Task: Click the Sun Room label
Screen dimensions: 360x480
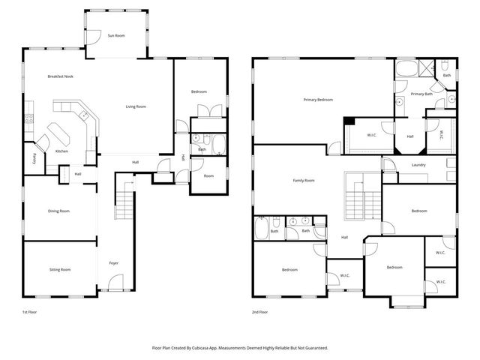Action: coord(115,35)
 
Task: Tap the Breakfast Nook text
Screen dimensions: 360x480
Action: coord(60,76)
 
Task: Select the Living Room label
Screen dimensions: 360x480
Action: coord(135,106)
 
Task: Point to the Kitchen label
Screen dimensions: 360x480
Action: coord(62,151)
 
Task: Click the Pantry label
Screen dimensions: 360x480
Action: coord(34,158)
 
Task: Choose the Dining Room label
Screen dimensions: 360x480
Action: coord(59,211)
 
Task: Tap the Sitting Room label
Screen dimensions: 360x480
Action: coord(60,269)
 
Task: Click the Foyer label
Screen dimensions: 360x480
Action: coord(114,263)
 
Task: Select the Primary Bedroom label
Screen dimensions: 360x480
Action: coord(318,100)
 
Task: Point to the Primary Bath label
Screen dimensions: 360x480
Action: coord(421,94)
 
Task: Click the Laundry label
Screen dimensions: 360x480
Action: coord(418,165)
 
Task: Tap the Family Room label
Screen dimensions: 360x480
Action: coord(303,181)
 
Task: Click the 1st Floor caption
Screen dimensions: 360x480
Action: coord(30,311)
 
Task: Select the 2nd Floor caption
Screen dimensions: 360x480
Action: coord(259,311)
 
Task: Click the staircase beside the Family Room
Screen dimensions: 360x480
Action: coord(362,196)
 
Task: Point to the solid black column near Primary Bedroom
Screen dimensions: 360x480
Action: coord(349,121)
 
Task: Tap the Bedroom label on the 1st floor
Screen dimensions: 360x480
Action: coord(198,91)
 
